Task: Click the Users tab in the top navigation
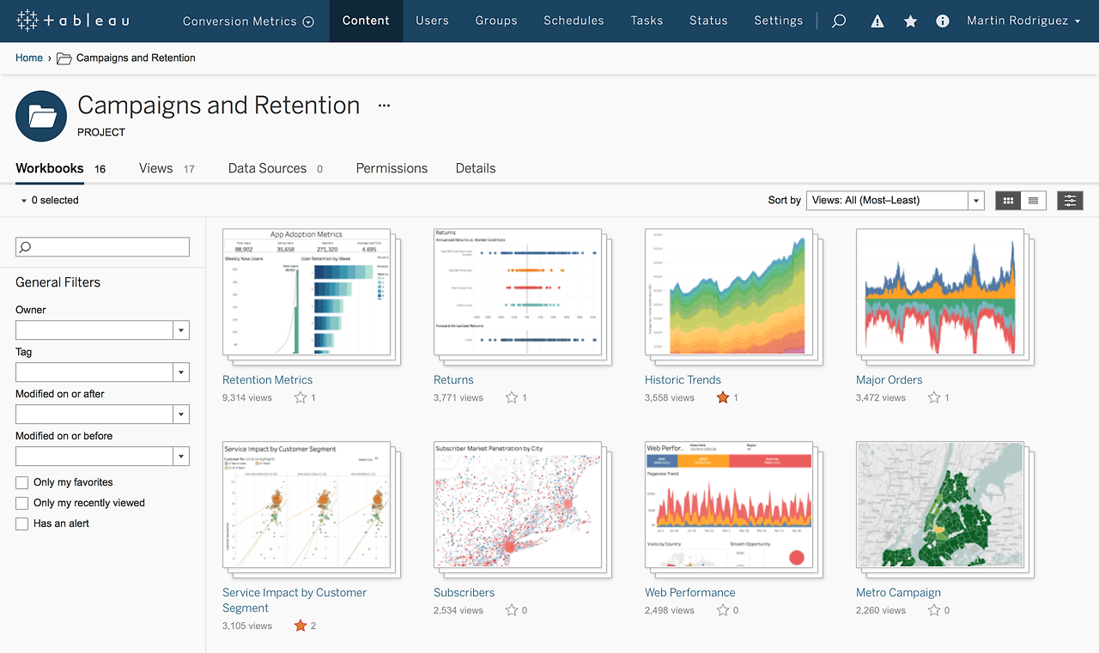point(432,21)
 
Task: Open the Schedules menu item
point(574,21)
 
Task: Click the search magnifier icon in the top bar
point(839,21)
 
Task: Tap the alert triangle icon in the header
point(877,21)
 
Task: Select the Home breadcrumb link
point(29,57)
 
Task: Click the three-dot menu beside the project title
point(384,106)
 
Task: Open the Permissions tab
point(392,168)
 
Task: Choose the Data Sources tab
point(267,168)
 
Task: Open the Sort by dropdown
point(894,200)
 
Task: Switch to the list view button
point(1033,200)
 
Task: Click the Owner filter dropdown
point(102,330)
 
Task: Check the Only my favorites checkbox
point(22,482)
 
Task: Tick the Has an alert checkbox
point(22,523)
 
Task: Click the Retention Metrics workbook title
point(267,379)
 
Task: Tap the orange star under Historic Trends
point(723,397)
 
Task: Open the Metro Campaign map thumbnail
point(940,505)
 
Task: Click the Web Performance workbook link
point(689,592)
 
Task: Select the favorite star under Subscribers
point(512,610)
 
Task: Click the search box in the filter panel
point(102,247)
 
